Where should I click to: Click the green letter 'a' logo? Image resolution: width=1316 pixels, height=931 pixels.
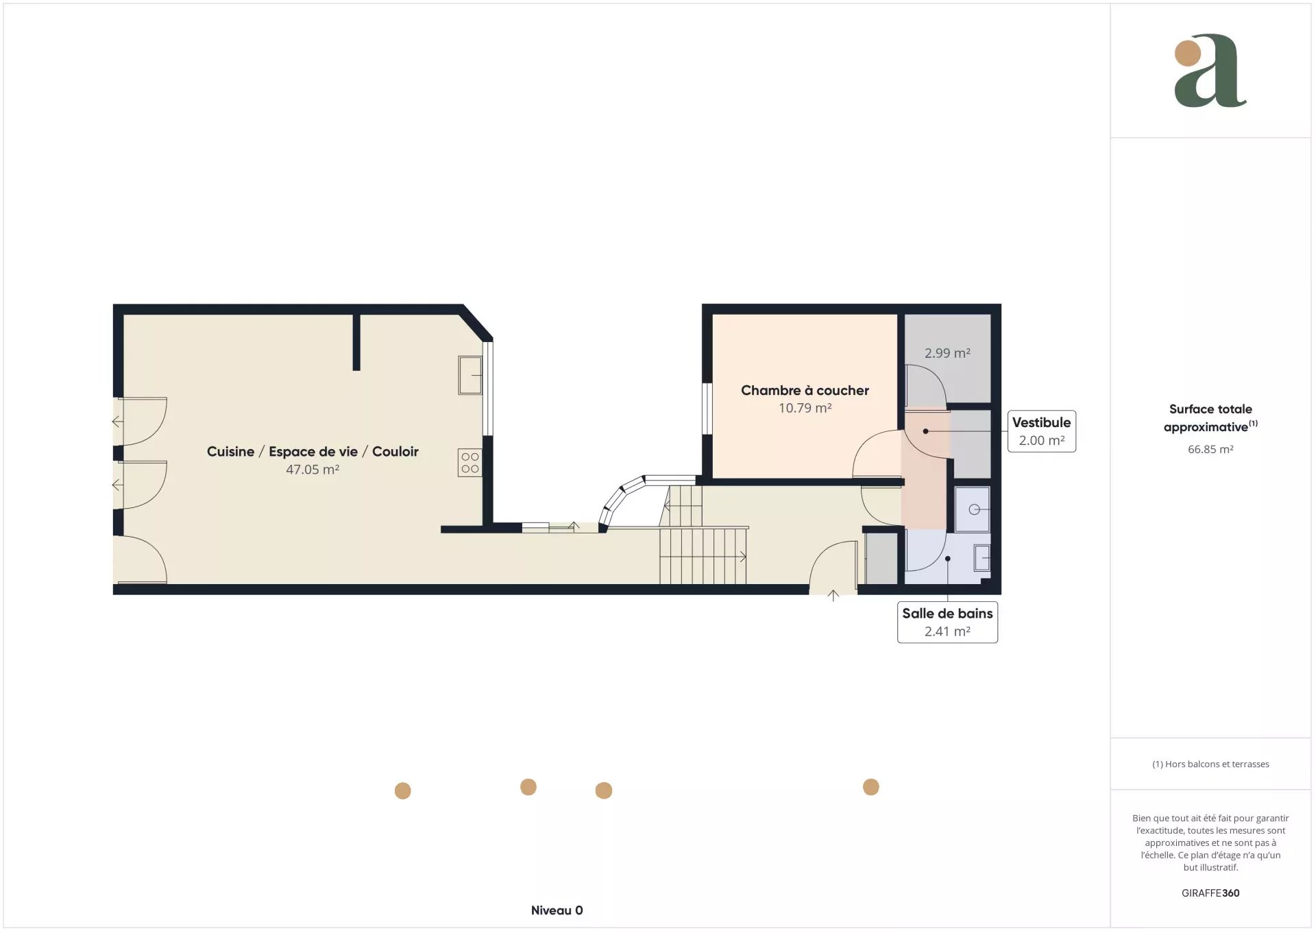point(1210,71)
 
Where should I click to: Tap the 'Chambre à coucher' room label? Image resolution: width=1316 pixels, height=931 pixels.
point(805,390)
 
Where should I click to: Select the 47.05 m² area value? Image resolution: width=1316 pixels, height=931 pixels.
point(313,470)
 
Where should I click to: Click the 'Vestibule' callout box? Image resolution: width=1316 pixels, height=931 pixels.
point(1041,431)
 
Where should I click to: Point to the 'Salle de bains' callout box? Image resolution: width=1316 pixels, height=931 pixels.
point(947,622)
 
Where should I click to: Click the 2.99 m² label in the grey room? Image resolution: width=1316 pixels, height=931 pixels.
point(947,353)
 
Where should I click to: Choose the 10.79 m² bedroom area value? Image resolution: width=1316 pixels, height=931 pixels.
point(805,408)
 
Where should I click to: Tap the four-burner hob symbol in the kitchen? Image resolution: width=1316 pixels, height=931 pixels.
point(470,463)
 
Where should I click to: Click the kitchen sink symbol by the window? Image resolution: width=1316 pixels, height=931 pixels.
point(470,375)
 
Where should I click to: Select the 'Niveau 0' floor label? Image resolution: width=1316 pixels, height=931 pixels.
point(557,910)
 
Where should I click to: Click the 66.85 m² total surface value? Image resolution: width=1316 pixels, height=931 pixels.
point(1210,449)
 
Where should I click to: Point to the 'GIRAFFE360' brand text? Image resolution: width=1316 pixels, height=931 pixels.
point(1210,893)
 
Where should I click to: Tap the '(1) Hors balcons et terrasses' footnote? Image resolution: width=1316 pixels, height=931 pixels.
point(1210,764)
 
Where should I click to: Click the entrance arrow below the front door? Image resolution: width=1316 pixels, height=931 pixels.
point(833,596)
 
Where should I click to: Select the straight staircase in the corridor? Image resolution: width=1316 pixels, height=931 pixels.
point(703,556)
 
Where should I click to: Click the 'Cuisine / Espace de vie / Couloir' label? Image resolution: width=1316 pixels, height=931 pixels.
point(313,451)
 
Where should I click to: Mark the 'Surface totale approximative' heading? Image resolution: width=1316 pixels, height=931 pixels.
point(1210,418)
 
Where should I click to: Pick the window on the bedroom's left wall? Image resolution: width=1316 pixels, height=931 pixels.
point(707,408)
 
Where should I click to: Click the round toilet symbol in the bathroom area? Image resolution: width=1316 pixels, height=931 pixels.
point(973,509)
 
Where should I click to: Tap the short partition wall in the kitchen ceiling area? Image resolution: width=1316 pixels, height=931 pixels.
point(356,342)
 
